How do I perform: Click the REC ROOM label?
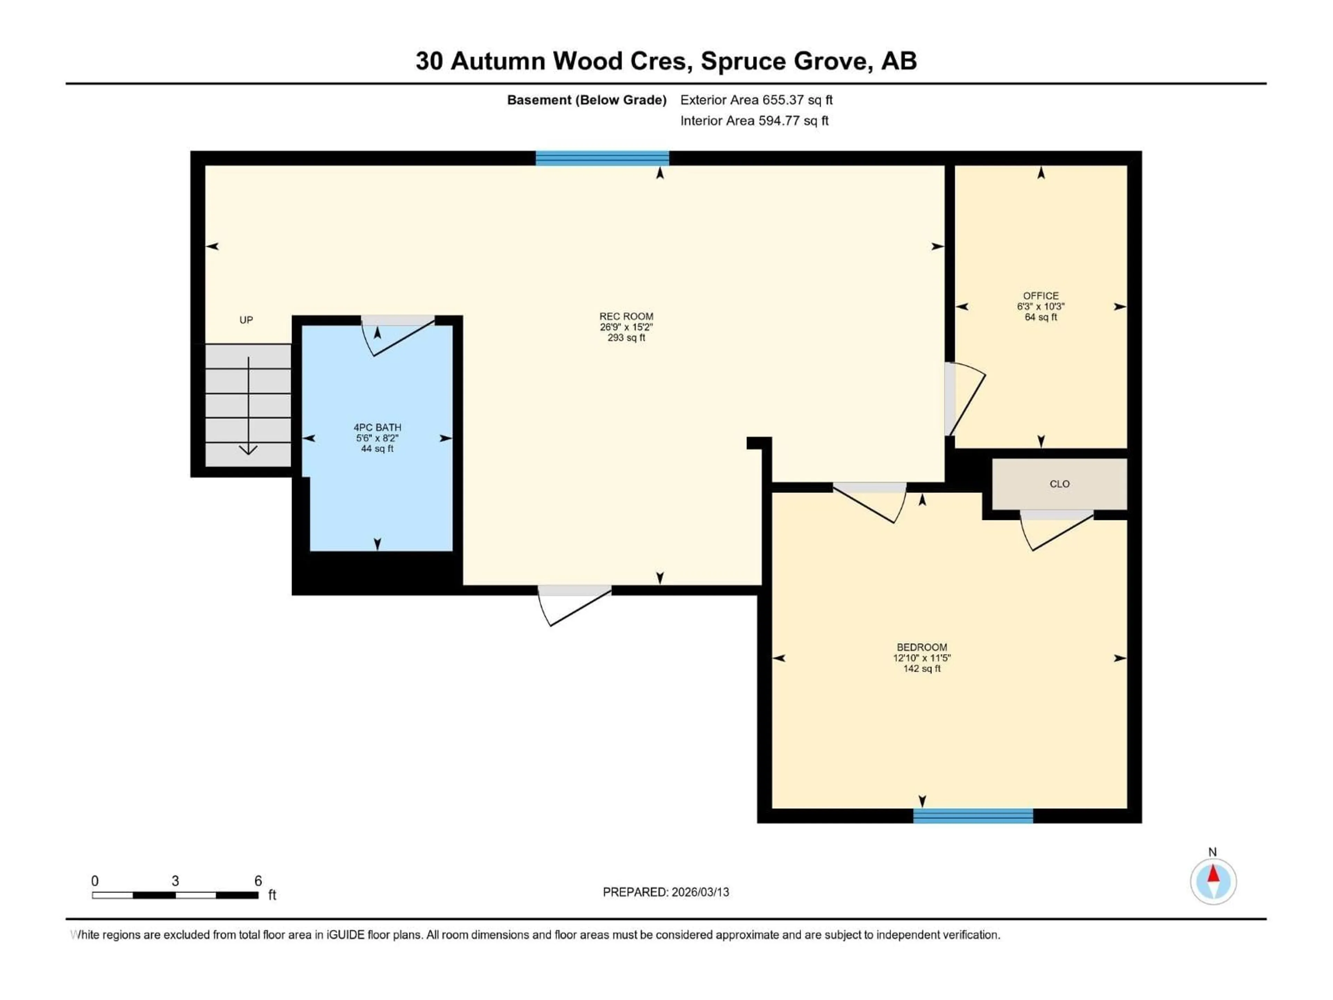pos(626,316)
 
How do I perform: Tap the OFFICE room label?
pos(1041,296)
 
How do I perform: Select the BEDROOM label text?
pos(921,647)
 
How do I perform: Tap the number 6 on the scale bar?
pos(258,881)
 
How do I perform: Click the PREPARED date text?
pos(666,892)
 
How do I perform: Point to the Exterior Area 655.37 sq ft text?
pos(756,100)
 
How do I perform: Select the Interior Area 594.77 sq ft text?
pos(754,120)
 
